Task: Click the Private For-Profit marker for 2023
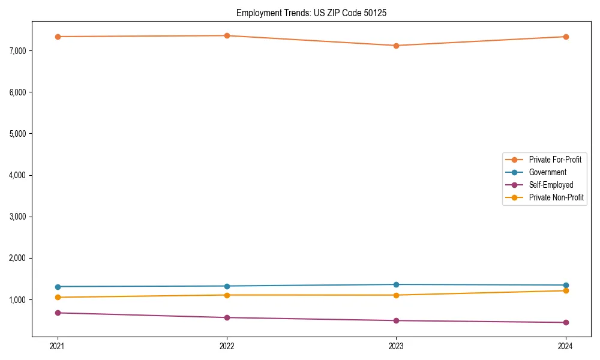(396, 46)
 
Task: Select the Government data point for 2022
(227, 286)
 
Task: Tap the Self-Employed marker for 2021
(58, 313)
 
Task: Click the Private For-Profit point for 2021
(58, 37)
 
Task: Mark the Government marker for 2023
(396, 284)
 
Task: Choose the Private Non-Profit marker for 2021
(58, 297)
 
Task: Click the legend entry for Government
(547, 172)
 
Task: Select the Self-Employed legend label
(551, 185)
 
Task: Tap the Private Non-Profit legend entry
(556, 197)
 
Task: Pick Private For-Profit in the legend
(554, 160)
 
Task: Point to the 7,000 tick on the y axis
(18, 50)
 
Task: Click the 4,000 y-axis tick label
(18, 175)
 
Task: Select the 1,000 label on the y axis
(18, 300)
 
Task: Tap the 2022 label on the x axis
(227, 346)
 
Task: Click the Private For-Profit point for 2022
(227, 35)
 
